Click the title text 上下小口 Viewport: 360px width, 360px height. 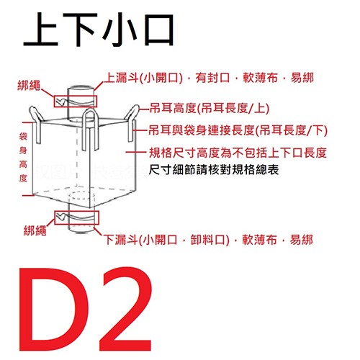pyautogui.click(x=98, y=33)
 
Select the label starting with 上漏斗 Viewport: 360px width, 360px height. pyautogui.click(x=210, y=77)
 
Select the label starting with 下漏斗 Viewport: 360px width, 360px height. pyautogui.click(x=209, y=239)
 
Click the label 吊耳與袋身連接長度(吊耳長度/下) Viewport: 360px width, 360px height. pyautogui.click(x=237, y=132)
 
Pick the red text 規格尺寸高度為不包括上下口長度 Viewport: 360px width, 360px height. pyautogui.click(x=238, y=153)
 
